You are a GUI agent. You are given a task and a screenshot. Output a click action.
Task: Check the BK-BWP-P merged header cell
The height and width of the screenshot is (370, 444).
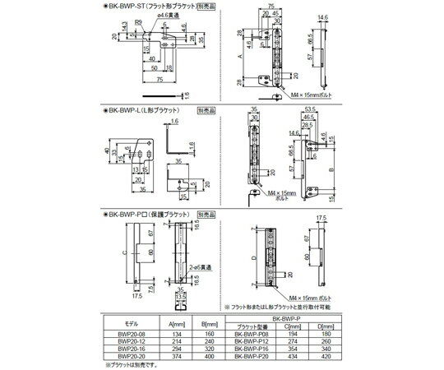[x=291, y=317]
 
